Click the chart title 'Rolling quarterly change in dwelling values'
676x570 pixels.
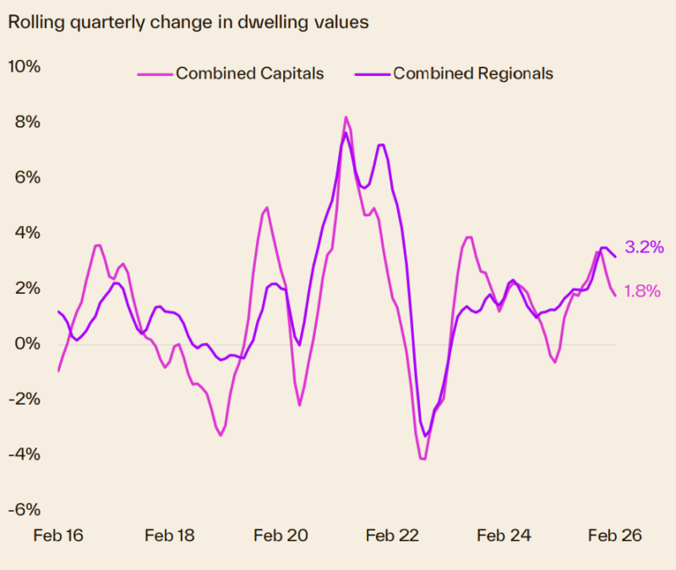[188, 22]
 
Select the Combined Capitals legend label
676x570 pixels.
[249, 73]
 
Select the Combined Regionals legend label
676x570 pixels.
[473, 73]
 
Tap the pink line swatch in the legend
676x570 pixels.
[155, 74]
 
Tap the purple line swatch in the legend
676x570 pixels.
[372, 74]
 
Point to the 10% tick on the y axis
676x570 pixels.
[25, 67]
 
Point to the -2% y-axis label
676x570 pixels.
[25, 399]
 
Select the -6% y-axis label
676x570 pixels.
[25, 510]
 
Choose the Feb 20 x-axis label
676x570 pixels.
[281, 536]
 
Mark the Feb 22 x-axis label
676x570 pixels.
[392, 536]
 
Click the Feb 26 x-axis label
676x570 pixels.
[614, 536]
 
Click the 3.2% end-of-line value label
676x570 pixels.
[643, 247]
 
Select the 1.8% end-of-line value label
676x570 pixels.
[643, 291]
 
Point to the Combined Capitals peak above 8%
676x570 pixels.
[346, 117]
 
